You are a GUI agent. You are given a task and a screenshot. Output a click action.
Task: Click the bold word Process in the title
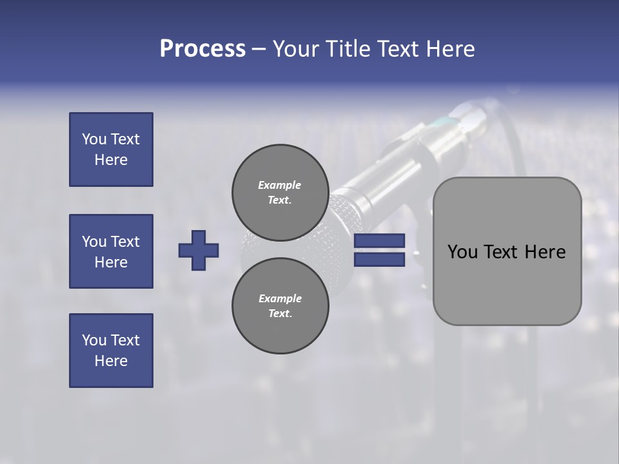point(202,49)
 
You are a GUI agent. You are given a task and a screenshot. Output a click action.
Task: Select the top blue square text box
point(111,150)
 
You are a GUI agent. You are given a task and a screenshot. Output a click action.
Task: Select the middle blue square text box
point(111,251)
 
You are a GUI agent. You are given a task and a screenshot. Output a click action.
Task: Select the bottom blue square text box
point(111,351)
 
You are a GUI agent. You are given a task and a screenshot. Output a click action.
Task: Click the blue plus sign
point(199,250)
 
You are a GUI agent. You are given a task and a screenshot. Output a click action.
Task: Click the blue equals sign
point(379,250)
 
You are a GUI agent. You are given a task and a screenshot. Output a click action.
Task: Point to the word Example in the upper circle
point(279,185)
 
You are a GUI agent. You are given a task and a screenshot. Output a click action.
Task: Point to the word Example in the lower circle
point(280,298)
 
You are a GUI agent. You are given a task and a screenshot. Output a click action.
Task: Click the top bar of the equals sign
point(379,240)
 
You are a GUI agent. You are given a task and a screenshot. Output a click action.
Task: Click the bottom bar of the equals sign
point(379,260)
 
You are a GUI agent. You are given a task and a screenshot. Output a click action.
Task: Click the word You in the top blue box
point(94,139)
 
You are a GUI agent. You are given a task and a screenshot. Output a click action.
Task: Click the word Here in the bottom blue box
point(111,361)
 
